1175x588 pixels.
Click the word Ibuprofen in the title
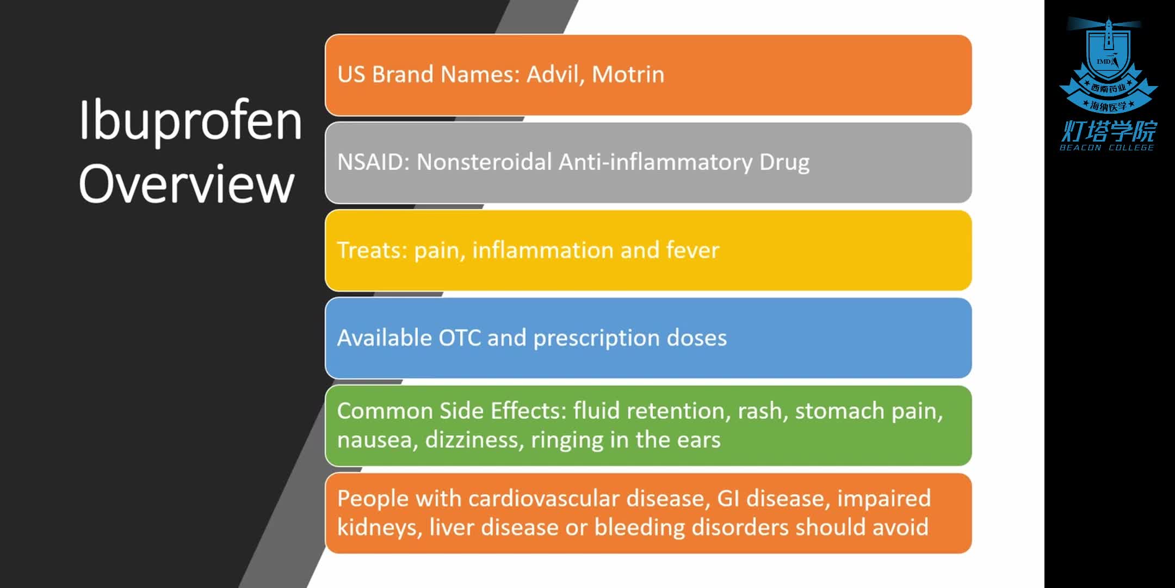190,121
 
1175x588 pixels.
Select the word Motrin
628,75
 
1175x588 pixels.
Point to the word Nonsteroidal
484,162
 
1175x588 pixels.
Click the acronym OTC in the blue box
460,338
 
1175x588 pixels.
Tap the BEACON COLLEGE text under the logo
1107,148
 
